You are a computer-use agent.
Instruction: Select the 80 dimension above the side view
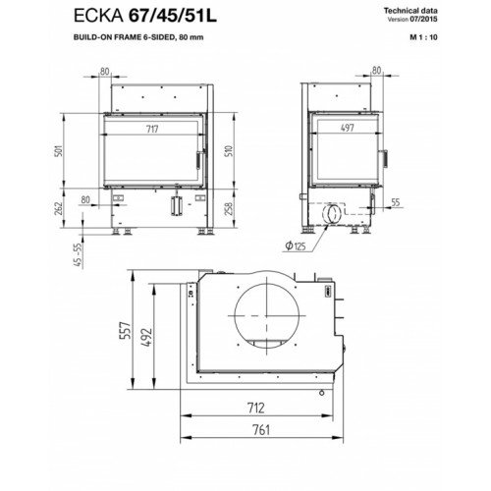[x=377, y=71]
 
